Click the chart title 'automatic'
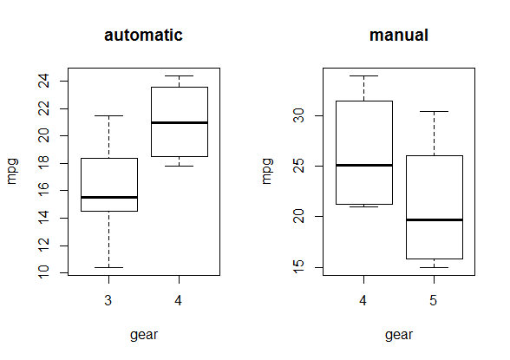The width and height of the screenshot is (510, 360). (143, 35)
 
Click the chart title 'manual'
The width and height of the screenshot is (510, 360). (399, 35)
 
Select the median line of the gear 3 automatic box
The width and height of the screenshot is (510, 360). (109, 198)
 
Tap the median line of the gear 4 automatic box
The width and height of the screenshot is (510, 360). (180, 122)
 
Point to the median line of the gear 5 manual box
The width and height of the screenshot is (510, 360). (435, 219)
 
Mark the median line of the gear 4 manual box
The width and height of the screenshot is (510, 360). (364, 165)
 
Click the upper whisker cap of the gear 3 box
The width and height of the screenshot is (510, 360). (109, 115)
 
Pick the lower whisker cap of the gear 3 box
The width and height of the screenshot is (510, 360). (109, 268)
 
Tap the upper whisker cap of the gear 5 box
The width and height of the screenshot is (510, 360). (435, 112)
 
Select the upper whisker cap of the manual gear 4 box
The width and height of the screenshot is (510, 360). (364, 75)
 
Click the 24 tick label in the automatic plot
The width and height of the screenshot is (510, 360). (44, 81)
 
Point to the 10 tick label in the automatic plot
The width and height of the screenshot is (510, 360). (44, 272)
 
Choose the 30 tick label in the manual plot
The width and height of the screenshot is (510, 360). (298, 115)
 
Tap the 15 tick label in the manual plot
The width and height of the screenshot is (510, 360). (298, 267)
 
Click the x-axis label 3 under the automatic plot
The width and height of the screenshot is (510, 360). (108, 300)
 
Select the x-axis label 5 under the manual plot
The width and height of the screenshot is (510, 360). (434, 300)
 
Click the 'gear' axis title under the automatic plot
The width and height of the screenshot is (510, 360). (144, 335)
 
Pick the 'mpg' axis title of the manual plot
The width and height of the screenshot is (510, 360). (267, 172)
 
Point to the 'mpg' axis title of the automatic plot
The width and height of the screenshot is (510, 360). (12, 172)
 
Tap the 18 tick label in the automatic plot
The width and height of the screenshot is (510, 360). (44, 163)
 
